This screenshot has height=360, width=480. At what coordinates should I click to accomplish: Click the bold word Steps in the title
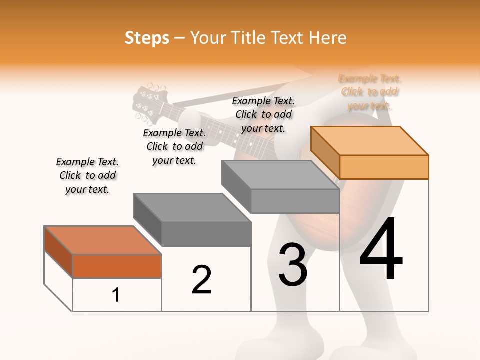(147, 38)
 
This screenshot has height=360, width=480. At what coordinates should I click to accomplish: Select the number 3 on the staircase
(293, 264)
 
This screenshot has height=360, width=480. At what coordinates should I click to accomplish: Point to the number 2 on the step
(202, 279)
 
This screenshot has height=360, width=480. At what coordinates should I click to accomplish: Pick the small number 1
(116, 295)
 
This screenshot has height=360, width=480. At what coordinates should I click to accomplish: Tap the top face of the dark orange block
(103, 240)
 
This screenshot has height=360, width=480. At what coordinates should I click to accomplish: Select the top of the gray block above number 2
(192, 207)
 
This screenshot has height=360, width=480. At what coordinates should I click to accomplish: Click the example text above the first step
(87, 175)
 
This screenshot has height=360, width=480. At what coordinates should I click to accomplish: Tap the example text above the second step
(174, 146)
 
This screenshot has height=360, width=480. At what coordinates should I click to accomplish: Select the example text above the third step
(263, 114)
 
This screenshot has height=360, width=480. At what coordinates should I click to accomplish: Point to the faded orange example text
(370, 92)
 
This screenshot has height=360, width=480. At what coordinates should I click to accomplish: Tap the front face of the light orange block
(384, 167)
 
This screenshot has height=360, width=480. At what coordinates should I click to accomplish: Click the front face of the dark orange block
(117, 266)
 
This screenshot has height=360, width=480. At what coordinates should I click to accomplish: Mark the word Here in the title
(328, 38)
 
